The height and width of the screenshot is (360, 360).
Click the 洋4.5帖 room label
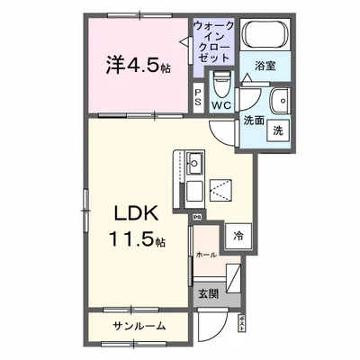point(139,65)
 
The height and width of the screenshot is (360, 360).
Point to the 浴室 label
point(264,66)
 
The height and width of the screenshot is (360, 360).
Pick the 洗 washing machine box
point(280,130)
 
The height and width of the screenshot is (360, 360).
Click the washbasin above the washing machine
point(280,100)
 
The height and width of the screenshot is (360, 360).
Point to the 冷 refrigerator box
point(238,236)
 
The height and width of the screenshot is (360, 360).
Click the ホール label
point(205,256)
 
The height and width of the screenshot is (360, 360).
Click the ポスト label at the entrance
point(242,324)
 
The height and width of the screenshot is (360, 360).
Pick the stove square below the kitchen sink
point(195,192)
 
